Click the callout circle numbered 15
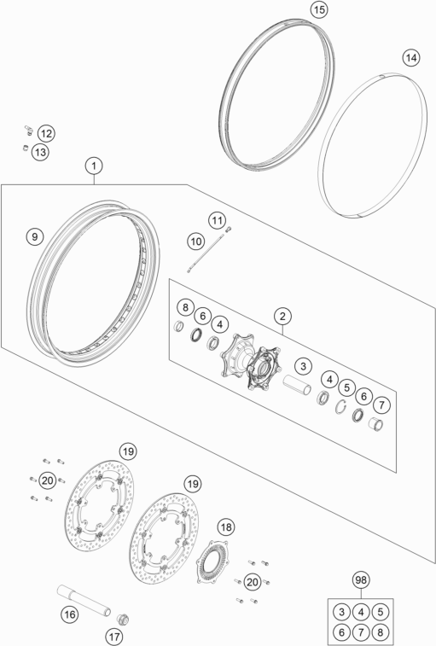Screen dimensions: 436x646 coord(319,9)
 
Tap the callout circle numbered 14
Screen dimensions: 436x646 coord(411,58)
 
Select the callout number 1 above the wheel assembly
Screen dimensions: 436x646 coord(94,166)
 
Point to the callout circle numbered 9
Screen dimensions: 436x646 coord(35,236)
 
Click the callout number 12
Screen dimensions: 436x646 coord(46,133)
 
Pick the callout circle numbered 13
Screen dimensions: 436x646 coord(40,153)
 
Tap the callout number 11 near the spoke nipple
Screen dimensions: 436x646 coord(218,220)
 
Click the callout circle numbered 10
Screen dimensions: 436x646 coord(196,241)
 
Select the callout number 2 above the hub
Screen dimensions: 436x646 coord(282,317)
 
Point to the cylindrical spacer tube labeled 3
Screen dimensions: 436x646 coord(297,385)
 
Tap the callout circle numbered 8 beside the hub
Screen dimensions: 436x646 coord(186,307)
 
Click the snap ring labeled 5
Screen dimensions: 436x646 coord(340,407)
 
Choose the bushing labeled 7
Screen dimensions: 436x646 coord(375,423)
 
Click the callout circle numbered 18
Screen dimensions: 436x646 coord(226,527)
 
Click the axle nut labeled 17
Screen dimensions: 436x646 coord(123,619)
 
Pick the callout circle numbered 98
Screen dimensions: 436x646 coord(361,579)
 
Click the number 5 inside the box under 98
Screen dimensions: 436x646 coord(381,612)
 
